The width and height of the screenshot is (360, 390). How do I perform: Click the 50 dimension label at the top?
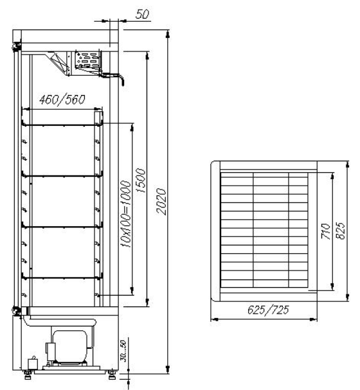click(142, 14)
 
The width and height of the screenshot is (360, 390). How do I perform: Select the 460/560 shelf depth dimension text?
click(62, 100)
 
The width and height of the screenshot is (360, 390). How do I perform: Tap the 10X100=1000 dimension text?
click(125, 214)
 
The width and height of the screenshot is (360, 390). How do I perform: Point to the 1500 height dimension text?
click(141, 181)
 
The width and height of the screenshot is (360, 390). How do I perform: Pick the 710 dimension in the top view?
click(326, 231)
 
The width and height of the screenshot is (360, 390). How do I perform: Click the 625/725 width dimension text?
click(268, 310)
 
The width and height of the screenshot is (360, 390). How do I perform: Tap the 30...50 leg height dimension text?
click(123, 351)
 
